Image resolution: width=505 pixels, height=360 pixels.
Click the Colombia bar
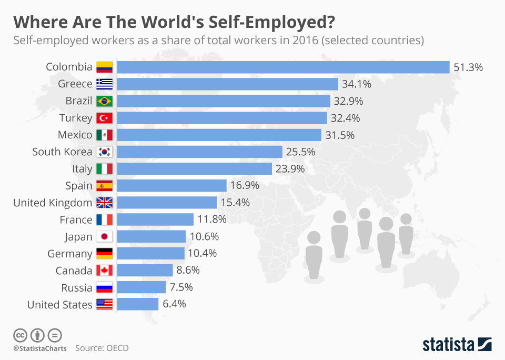pyautogui.click(x=283, y=67)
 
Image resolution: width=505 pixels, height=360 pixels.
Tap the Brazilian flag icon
pyautogui.click(x=105, y=101)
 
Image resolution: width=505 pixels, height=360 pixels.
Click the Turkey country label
pyautogui.click(x=76, y=118)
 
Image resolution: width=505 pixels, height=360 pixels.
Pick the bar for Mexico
pyautogui.click(x=219, y=135)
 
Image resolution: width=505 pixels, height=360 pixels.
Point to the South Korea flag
pyautogui.click(x=105, y=152)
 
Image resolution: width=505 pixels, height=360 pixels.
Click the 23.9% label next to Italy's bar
pyautogui.click(x=290, y=169)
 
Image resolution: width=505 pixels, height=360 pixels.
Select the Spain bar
pyautogui.click(x=171, y=186)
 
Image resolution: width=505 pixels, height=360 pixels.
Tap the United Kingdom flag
pyautogui.click(x=105, y=203)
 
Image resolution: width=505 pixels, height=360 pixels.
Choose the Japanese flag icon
pyautogui.click(x=105, y=237)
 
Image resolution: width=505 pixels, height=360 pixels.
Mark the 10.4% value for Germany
pyautogui.click(x=202, y=254)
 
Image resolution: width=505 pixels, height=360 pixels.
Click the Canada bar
pyautogui.click(x=145, y=271)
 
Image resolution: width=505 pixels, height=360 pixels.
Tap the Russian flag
pyautogui.click(x=105, y=287)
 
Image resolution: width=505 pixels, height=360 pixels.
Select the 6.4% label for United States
pyautogui.click(x=175, y=304)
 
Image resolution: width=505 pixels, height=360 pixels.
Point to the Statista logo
pyautogui.click(x=457, y=345)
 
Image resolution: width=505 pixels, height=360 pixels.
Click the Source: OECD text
pyautogui.click(x=102, y=348)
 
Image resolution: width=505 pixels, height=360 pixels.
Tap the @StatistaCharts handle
pyautogui.click(x=40, y=348)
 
